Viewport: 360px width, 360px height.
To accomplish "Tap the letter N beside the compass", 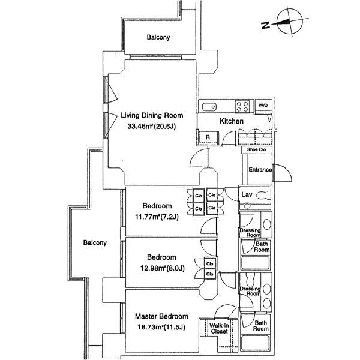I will tap(265, 25).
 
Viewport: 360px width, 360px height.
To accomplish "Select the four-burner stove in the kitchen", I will tap(242, 107).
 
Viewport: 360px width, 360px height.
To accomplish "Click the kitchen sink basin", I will tap(209, 107).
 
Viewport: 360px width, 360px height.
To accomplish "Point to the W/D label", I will tap(263, 106).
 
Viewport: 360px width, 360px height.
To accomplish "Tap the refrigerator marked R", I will tap(208, 137).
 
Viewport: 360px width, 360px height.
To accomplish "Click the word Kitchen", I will tap(232, 122).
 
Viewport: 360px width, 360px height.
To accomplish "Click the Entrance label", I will tap(260, 170).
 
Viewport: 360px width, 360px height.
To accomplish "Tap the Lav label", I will tap(246, 195).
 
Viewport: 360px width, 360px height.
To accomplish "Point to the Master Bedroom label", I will tap(161, 316).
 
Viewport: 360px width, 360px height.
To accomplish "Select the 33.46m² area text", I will tap(151, 127).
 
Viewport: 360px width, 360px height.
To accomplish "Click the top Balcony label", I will tap(158, 37).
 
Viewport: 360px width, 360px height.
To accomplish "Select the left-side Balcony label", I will tap(95, 243).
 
